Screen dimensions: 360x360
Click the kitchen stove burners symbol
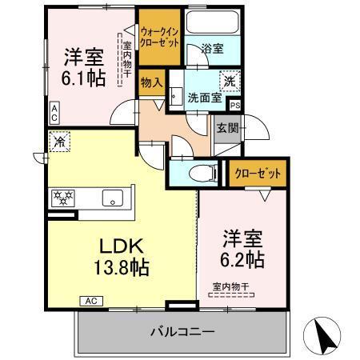pyautogui.click(x=63, y=195)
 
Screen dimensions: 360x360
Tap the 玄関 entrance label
pyautogui.click(x=226, y=128)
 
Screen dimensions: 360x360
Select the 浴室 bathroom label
pyautogui.click(x=212, y=48)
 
